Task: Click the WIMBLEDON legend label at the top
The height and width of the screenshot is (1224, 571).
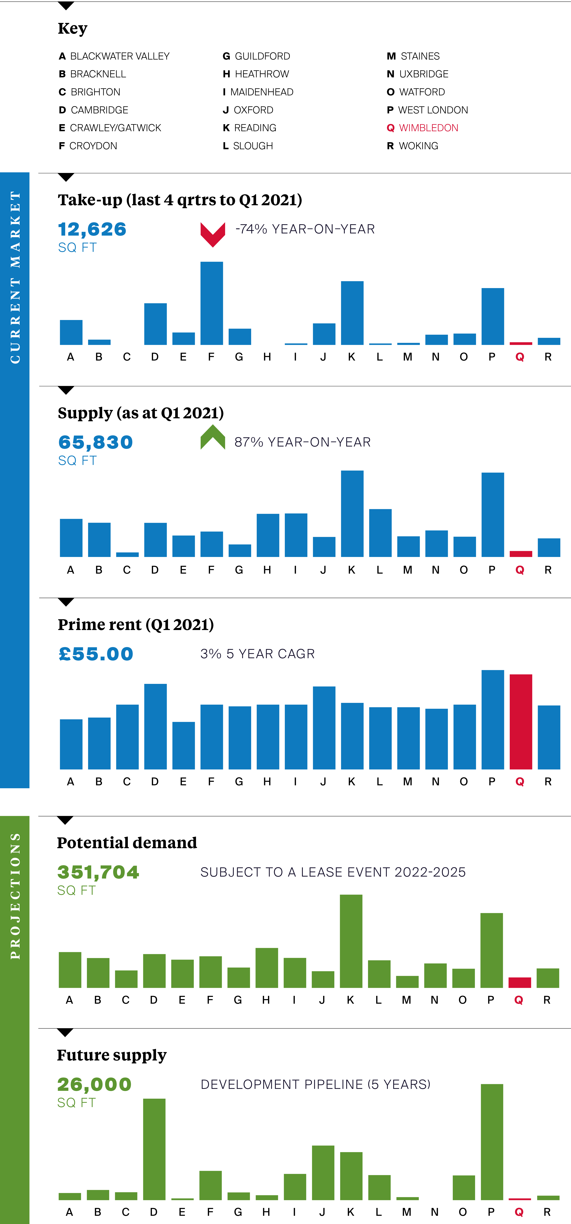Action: (428, 128)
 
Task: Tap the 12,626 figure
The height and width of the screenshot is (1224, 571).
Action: (92, 230)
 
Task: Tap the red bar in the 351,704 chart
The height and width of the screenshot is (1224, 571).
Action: (520, 983)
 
